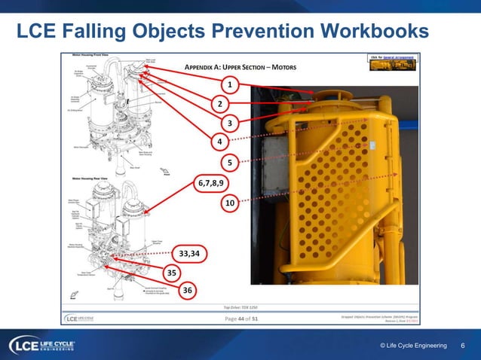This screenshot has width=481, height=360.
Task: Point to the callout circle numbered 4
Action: point(220,142)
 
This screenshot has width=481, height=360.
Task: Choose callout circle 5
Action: point(229,163)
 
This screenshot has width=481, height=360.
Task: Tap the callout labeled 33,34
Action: point(188,253)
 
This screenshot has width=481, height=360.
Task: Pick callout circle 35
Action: point(172,272)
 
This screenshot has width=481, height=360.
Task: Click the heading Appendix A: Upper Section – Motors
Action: point(240,68)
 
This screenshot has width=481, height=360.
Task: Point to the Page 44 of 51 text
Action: point(243,319)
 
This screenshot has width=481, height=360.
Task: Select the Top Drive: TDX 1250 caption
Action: point(242,307)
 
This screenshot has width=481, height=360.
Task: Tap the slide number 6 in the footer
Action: point(462,345)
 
